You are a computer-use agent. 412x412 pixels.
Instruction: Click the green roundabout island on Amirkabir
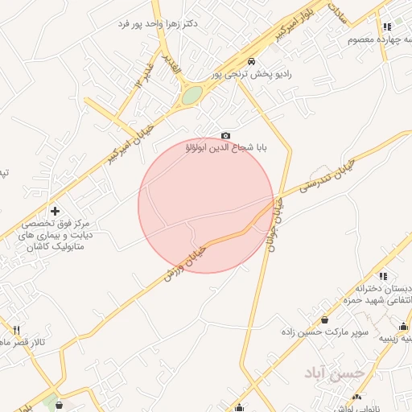point(192,96)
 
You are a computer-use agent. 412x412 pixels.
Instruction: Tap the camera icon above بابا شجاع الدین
point(225,135)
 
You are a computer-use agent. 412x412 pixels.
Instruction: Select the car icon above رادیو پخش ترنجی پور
point(252,62)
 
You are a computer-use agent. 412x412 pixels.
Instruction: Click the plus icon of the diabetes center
point(54,211)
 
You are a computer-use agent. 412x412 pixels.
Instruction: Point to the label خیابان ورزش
point(185,262)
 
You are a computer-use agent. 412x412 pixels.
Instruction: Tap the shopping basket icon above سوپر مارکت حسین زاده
point(324,319)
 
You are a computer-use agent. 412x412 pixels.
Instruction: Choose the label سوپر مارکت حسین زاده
point(324,332)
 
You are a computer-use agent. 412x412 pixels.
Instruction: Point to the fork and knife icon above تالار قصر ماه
point(15,330)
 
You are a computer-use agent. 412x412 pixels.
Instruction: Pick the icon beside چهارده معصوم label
point(386,27)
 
